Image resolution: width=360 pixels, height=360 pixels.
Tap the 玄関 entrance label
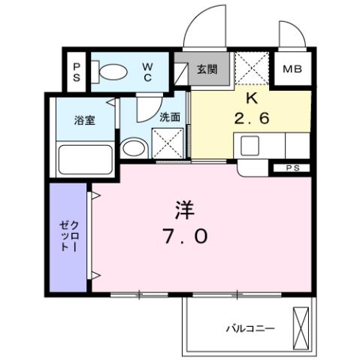point(207,70)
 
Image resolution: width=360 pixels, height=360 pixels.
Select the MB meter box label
point(292,70)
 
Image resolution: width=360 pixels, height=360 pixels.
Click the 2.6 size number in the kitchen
point(251,118)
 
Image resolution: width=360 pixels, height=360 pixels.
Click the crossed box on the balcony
point(301,326)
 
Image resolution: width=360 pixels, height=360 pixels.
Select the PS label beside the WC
point(77,71)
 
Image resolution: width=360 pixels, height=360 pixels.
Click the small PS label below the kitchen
point(292,168)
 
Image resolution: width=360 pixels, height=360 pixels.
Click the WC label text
point(148,71)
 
